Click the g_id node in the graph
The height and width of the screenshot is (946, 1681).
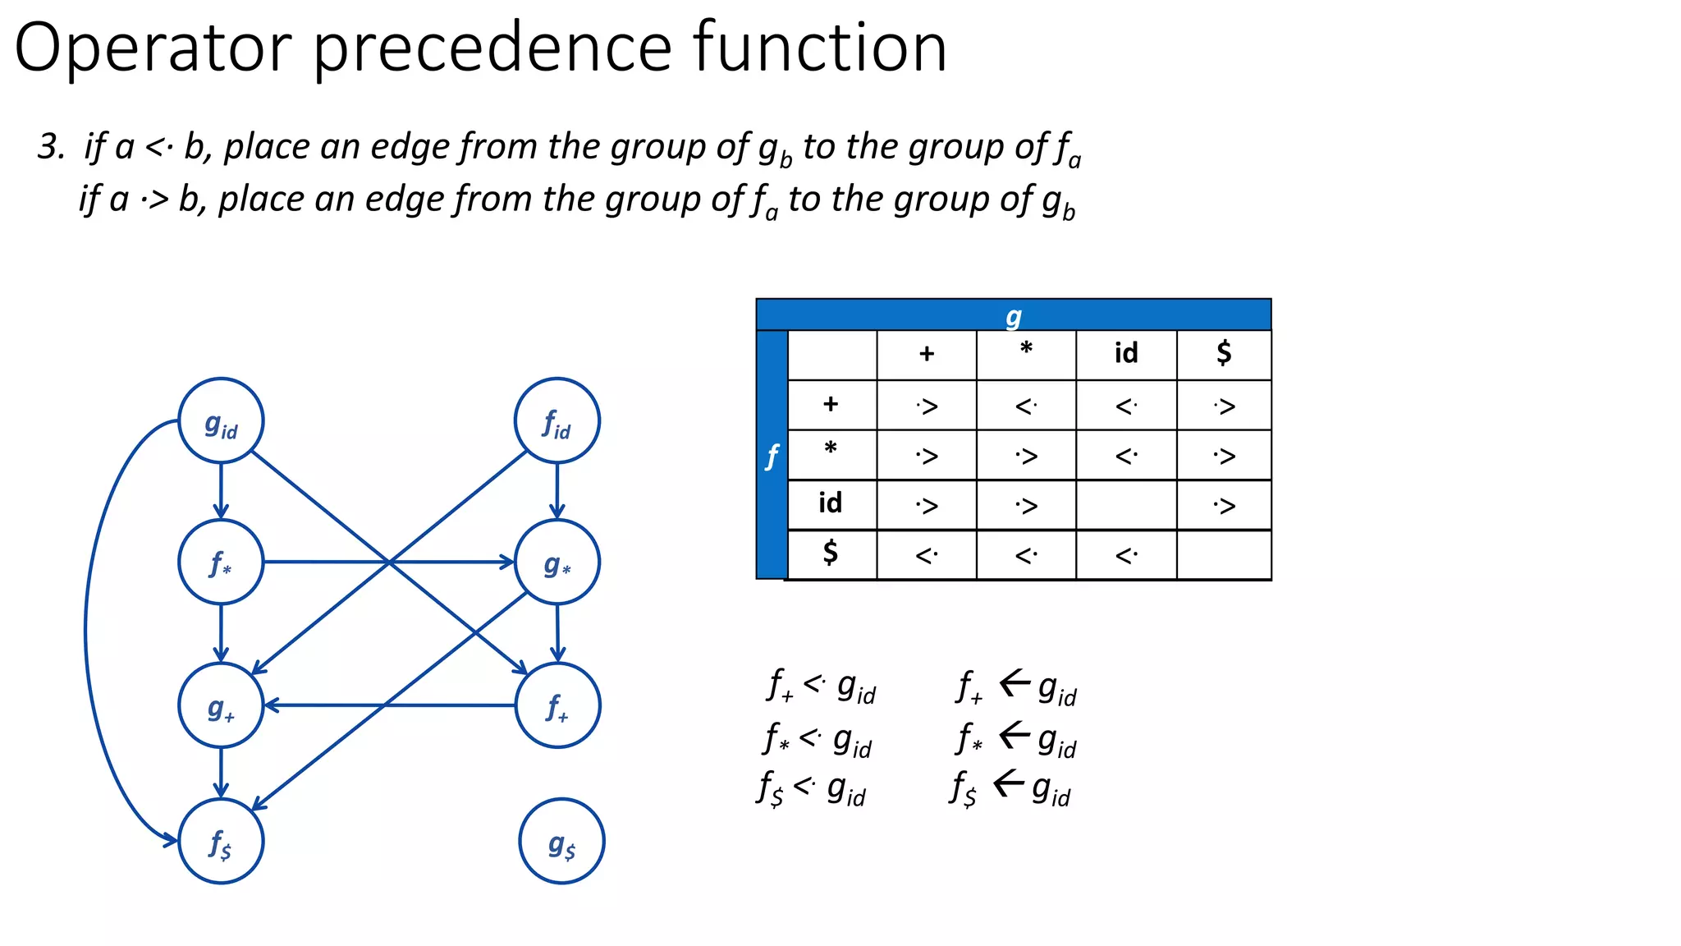[x=221, y=421]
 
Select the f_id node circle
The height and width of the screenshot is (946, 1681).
[x=557, y=421]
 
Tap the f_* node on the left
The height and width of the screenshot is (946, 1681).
[x=221, y=563]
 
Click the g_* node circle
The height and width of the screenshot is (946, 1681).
[x=557, y=563]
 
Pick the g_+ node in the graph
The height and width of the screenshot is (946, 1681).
[x=221, y=705]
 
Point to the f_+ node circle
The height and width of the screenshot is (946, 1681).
[x=557, y=705]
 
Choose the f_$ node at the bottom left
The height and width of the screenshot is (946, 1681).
[x=221, y=841]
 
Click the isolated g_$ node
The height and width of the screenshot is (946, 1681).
[x=561, y=841]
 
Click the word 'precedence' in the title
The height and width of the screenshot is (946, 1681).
[x=492, y=49]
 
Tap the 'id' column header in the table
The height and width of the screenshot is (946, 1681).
[x=1126, y=354]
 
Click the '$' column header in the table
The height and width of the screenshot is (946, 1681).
[x=1224, y=354]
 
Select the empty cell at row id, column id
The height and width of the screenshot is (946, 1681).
[x=1126, y=505]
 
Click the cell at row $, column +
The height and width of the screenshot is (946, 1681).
[x=926, y=556]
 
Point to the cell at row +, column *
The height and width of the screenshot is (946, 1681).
[x=1026, y=406]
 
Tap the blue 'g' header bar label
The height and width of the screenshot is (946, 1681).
[x=1014, y=315]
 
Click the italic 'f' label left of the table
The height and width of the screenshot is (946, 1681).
[x=772, y=456]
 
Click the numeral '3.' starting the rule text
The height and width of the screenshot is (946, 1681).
[x=51, y=148]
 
